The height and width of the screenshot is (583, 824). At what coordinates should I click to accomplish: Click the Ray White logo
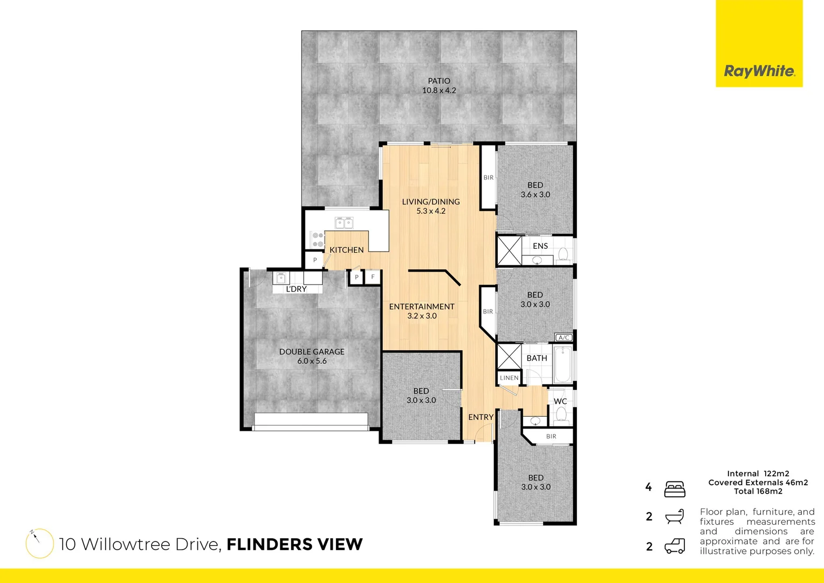(x=759, y=71)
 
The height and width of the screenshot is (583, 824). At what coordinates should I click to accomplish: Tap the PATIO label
(x=439, y=81)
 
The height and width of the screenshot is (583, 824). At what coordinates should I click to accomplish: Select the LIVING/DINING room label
(x=431, y=202)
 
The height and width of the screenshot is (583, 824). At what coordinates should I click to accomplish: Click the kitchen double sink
(x=344, y=222)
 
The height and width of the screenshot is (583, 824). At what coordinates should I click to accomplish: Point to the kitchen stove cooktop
(x=318, y=240)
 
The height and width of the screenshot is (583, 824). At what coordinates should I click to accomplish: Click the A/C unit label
(x=564, y=337)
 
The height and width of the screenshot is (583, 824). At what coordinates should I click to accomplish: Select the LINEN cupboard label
(x=509, y=378)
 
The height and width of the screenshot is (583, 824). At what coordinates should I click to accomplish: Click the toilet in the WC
(x=561, y=415)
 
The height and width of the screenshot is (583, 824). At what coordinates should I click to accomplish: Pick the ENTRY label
(x=480, y=417)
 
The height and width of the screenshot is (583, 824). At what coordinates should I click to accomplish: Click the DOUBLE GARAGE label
(x=312, y=352)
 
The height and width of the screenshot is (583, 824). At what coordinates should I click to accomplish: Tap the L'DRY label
(x=296, y=289)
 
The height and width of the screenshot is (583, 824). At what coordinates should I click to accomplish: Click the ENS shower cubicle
(x=509, y=250)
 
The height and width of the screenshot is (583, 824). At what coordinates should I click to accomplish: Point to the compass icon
(x=39, y=543)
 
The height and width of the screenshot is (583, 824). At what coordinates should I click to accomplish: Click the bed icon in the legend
(x=675, y=489)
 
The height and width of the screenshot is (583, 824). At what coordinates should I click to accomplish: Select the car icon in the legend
(x=675, y=546)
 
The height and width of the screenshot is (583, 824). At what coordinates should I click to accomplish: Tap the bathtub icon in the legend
(x=675, y=517)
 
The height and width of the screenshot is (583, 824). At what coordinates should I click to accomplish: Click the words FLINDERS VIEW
(x=294, y=545)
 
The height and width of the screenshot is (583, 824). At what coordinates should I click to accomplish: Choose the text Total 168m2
(x=758, y=491)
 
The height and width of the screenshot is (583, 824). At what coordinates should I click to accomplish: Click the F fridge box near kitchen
(x=373, y=277)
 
